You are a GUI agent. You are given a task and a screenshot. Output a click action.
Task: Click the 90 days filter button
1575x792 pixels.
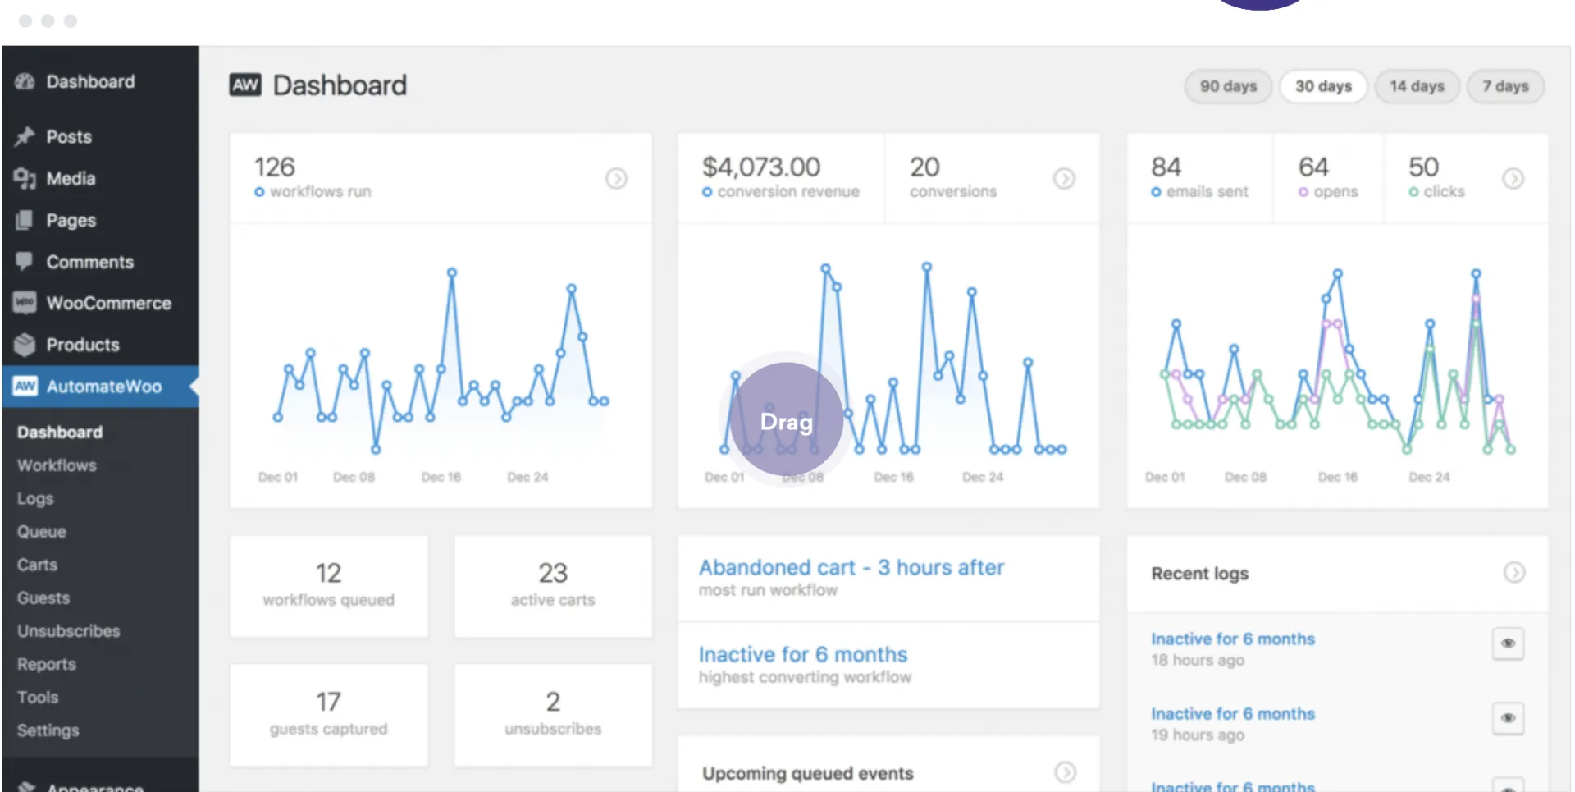coord(1228,86)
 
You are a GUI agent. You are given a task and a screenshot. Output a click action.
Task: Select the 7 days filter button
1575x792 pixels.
coord(1505,86)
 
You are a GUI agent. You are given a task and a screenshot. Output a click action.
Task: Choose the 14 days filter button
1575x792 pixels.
coord(1417,86)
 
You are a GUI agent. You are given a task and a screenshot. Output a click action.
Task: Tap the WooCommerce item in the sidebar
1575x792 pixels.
coord(108,303)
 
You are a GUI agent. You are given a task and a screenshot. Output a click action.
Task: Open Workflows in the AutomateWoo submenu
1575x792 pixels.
coord(57,465)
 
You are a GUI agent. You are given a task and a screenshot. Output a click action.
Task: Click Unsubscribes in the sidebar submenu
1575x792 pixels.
coord(69,631)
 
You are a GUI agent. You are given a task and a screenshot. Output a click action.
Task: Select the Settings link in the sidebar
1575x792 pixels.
coord(48,730)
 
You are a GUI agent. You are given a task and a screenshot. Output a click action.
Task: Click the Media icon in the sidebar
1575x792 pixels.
coord(25,178)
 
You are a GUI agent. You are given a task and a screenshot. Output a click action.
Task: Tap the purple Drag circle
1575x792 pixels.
coord(787,420)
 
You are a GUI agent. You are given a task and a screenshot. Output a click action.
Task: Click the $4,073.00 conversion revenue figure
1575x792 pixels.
coord(761,167)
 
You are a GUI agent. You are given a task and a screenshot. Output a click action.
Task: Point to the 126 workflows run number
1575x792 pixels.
coord(274,167)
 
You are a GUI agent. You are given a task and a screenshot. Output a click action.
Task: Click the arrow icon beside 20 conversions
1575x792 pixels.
coord(1064,178)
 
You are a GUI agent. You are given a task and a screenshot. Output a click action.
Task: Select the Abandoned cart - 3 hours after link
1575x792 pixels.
coord(851,567)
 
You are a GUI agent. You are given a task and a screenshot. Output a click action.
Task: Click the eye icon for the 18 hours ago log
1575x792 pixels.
coord(1508,643)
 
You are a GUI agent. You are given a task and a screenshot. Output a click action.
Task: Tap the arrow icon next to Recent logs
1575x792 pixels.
coord(1514,572)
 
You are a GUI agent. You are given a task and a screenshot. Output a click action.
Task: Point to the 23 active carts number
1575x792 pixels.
coord(553,573)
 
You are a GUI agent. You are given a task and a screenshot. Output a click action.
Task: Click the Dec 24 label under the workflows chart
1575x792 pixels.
coord(527,477)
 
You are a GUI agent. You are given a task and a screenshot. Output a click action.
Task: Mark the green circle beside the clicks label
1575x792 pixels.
coord(1413,192)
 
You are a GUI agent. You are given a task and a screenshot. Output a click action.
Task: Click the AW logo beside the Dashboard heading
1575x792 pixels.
coord(245,85)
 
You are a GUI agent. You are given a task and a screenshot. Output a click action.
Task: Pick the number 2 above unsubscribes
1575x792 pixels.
coord(553,702)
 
